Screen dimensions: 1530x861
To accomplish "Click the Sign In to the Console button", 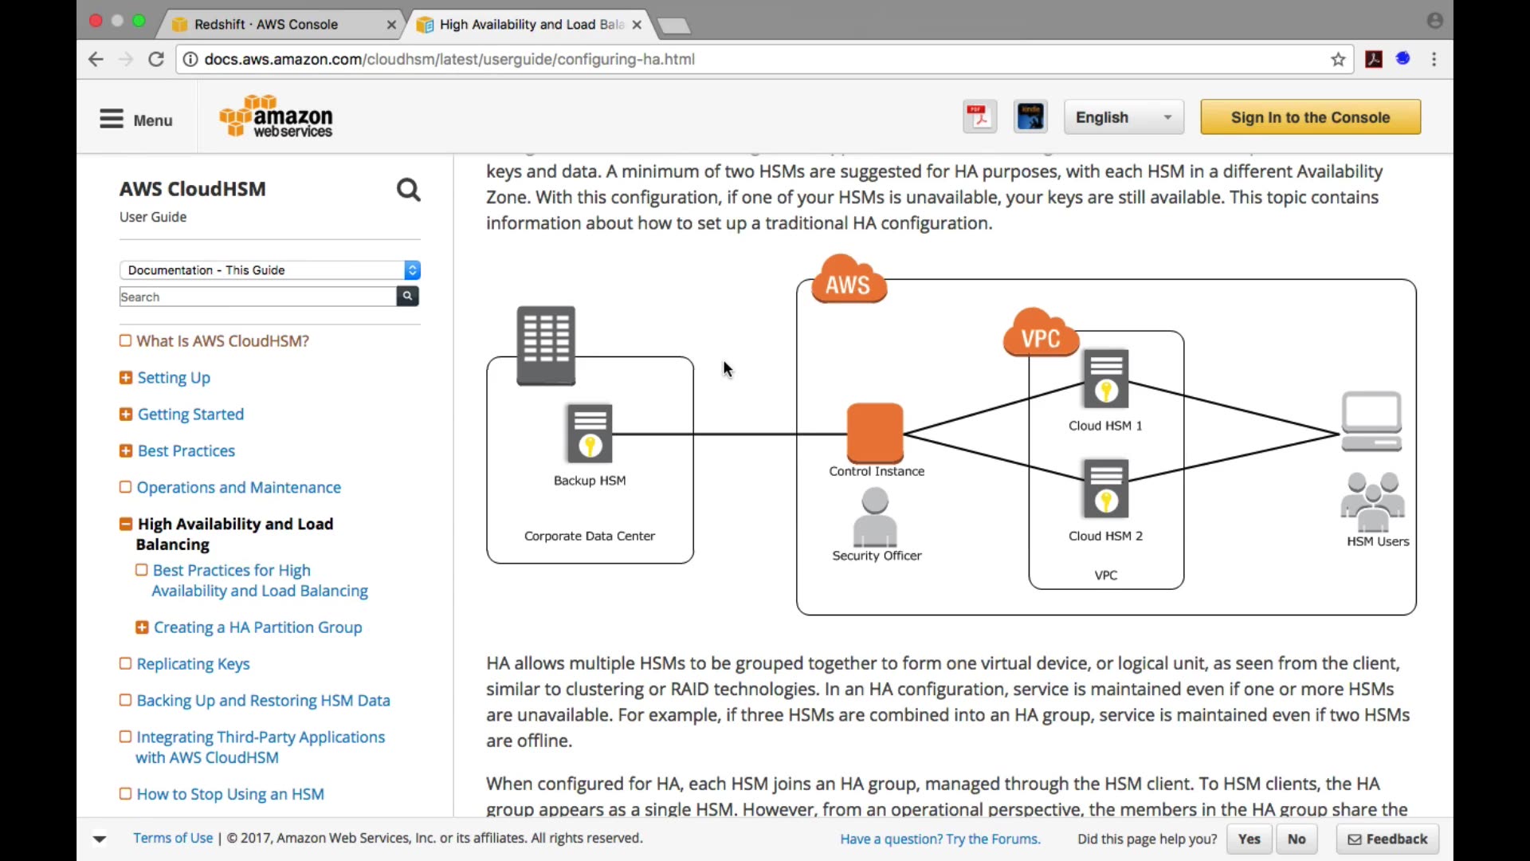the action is [x=1310, y=117].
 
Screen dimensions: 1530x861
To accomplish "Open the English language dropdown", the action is [x=1124, y=117].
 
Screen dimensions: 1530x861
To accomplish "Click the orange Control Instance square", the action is [x=875, y=433].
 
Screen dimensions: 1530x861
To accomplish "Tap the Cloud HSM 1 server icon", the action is [x=1106, y=379].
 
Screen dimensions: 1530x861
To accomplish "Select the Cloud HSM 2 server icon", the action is [x=1106, y=489].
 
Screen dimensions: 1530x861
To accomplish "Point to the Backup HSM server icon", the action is [x=590, y=434].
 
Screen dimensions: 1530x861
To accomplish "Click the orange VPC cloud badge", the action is [x=1041, y=332].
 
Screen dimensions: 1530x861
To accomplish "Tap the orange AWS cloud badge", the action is [x=849, y=279].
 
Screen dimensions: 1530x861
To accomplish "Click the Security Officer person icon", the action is [x=875, y=517].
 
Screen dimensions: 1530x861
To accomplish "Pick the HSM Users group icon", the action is [x=1372, y=502].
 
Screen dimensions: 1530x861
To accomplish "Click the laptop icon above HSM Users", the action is [x=1371, y=422].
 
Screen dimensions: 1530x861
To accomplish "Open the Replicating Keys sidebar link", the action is [x=193, y=664].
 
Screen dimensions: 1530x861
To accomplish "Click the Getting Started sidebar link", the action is [x=190, y=415].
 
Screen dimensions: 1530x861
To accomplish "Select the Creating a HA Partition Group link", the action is [x=257, y=627].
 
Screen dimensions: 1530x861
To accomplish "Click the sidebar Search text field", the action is [x=257, y=297].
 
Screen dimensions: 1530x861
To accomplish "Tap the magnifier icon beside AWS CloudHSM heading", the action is [x=409, y=190].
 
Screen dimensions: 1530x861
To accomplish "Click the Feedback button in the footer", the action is [x=1387, y=839].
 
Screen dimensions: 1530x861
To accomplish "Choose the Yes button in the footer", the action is [x=1249, y=839].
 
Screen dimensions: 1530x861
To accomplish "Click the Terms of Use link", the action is [x=173, y=838].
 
